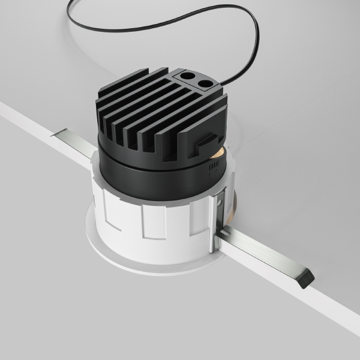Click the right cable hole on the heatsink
[x=205, y=83]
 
